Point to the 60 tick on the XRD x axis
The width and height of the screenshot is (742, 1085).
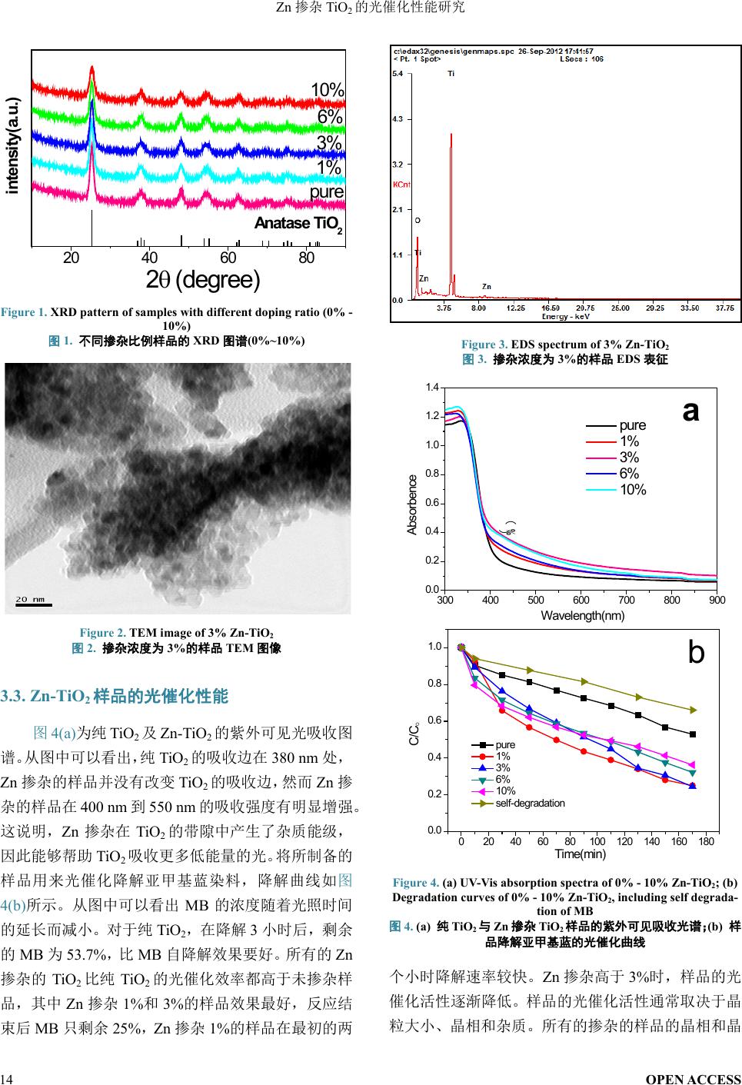pos(228,258)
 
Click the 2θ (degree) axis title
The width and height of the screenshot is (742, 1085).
pos(204,280)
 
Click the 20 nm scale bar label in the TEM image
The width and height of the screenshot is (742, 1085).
pos(31,598)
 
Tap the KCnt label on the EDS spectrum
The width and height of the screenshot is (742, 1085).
pos(401,185)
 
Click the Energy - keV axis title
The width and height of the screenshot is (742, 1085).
pos(566,317)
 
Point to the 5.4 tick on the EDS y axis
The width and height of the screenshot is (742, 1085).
pos(398,74)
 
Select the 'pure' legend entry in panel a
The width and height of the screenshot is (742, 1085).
pos(632,425)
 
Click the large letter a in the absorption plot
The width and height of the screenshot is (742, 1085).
pos(691,412)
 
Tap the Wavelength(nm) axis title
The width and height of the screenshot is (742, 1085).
pos(582,615)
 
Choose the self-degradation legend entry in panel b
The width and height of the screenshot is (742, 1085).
pos(530,803)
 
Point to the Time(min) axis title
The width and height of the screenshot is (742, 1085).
pos(581,854)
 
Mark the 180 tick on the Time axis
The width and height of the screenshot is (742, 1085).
pos(707,842)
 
